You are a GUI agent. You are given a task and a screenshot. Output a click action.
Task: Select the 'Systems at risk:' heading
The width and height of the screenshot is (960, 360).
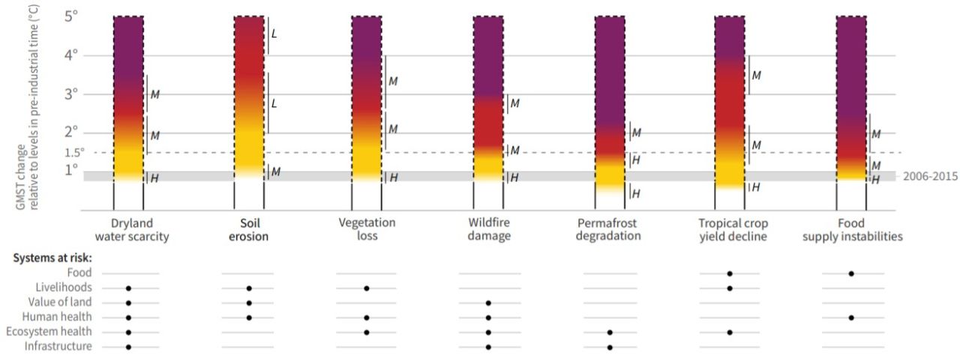pyautogui.click(x=49, y=258)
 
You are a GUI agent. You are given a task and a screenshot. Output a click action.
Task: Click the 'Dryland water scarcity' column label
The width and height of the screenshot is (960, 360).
pyautogui.click(x=128, y=229)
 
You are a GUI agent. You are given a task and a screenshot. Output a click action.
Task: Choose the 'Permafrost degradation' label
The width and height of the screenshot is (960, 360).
pyautogui.click(x=610, y=229)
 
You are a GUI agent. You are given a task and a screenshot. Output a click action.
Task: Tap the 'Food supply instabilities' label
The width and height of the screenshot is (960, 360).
pyautogui.click(x=852, y=229)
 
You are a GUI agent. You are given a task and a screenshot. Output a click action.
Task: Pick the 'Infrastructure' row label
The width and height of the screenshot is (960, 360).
pyautogui.click(x=58, y=346)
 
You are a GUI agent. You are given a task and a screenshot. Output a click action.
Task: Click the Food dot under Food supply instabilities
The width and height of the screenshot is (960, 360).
pyautogui.click(x=851, y=273)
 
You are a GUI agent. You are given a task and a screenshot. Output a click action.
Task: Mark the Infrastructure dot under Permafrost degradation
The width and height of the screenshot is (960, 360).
pyautogui.click(x=610, y=346)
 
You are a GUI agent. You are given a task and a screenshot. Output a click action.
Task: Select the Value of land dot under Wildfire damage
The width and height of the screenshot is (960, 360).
pyautogui.click(x=488, y=302)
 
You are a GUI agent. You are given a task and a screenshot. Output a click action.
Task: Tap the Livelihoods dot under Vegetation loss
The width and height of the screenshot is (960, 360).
pyautogui.click(x=367, y=288)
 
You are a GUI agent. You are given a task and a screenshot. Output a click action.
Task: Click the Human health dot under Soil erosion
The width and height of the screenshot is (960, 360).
pyautogui.click(x=249, y=317)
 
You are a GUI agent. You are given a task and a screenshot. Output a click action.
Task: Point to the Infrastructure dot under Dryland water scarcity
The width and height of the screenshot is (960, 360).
pyautogui.click(x=128, y=346)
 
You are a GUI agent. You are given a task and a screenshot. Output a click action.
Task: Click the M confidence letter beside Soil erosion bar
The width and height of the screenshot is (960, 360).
pyautogui.click(x=275, y=172)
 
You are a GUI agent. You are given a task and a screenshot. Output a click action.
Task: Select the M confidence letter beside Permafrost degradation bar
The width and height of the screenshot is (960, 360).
pyautogui.click(x=636, y=133)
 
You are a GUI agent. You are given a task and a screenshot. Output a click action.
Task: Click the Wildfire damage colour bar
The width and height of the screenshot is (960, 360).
pyautogui.click(x=488, y=97)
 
